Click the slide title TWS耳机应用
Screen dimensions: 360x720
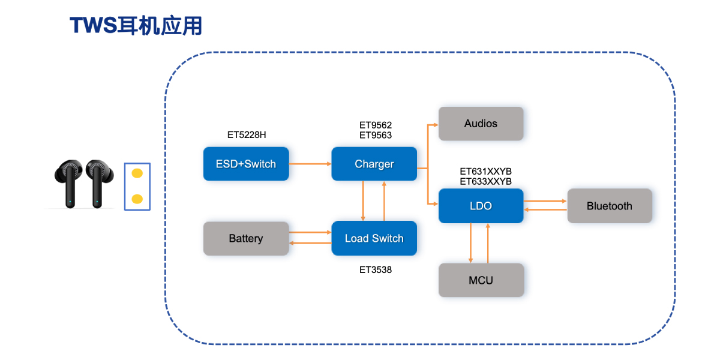136,26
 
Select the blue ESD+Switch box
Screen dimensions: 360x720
246,164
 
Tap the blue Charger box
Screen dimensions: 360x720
374,164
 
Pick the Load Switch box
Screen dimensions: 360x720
374,238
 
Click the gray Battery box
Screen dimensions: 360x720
246,238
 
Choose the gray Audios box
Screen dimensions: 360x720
481,124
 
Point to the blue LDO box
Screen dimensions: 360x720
481,206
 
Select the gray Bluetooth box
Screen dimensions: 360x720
609,206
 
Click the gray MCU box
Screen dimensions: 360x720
481,280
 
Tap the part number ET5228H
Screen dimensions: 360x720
246,135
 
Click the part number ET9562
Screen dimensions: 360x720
376,125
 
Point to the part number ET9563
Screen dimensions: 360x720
376,136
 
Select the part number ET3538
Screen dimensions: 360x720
376,270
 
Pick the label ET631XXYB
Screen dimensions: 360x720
485,172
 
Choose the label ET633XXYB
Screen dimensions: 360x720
485,181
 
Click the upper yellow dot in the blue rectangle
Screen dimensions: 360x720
137,173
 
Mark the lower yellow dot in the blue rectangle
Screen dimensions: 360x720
137,199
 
